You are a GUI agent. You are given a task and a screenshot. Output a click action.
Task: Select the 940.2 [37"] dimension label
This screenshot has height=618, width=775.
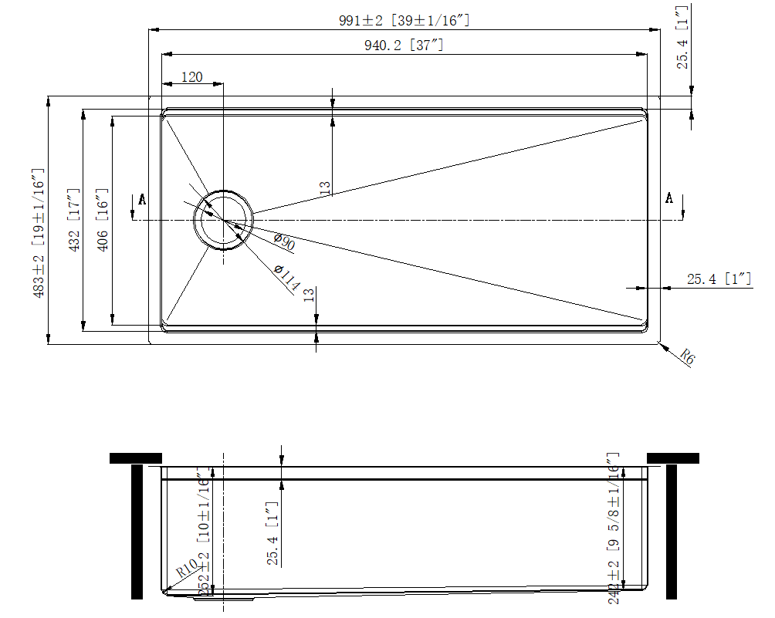pos(404,46)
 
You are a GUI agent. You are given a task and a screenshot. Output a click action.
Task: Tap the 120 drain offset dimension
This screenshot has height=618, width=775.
pos(191,76)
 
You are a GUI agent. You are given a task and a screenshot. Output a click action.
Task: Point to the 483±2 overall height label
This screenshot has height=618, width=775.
pos(39,233)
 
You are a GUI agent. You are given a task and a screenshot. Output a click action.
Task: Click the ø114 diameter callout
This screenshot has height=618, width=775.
pos(287,279)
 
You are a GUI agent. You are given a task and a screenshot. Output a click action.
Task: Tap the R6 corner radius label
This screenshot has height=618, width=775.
pos(687,356)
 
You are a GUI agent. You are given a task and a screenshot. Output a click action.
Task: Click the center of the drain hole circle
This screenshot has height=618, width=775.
pos(223,221)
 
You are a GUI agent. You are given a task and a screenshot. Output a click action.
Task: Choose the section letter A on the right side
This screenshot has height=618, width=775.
pos(669,198)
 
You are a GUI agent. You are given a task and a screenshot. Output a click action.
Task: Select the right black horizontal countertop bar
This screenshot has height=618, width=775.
pos(673,458)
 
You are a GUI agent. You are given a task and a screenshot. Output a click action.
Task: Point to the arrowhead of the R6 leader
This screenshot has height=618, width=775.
pos(663,344)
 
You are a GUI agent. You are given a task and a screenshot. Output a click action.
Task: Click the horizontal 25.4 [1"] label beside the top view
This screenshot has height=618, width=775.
pos(719,279)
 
